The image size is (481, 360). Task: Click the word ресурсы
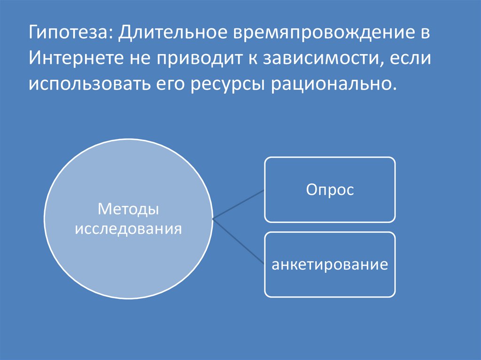tap(229, 85)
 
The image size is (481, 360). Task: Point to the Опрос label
tap(330, 190)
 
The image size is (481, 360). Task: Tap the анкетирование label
tap(330, 264)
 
